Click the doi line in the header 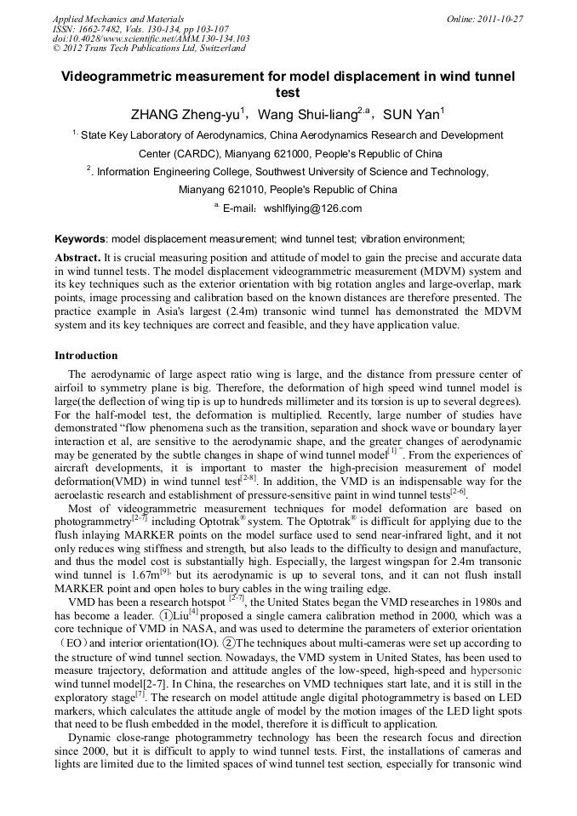(x=151, y=38)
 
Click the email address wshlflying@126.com (x=312, y=208)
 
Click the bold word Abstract (x=77, y=257)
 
